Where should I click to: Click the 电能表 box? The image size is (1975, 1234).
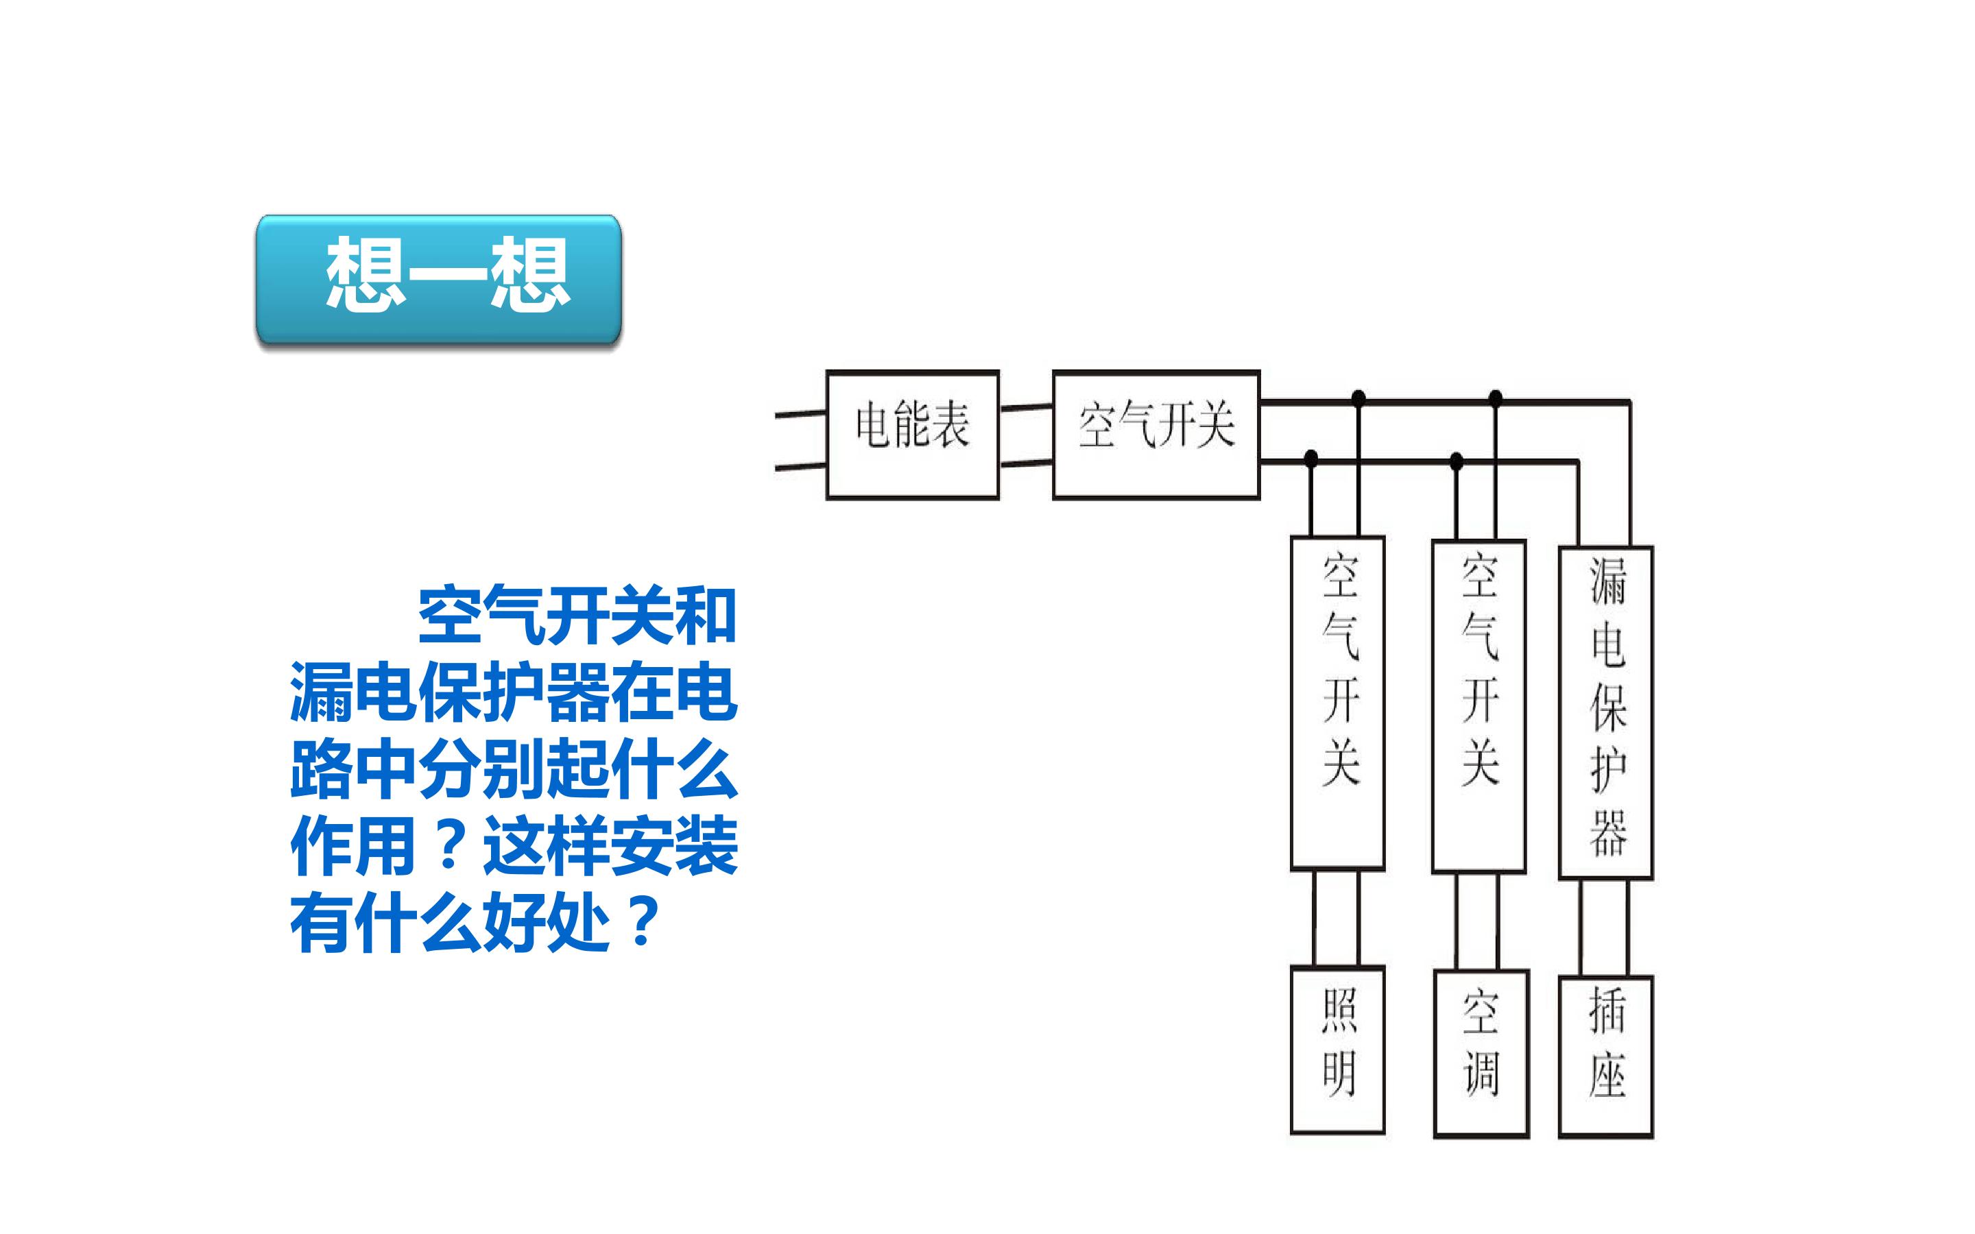913,435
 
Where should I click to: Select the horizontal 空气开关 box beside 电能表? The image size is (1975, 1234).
1156,435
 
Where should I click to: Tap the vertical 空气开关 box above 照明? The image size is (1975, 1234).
1338,703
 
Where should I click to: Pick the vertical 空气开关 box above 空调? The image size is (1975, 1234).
1479,707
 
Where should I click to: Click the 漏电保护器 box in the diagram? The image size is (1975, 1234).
1606,712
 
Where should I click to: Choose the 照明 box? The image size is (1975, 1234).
1338,1050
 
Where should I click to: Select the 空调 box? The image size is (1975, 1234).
1481,1054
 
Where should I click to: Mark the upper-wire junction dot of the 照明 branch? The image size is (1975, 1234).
1358,399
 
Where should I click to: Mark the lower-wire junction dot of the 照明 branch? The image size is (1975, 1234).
1310,459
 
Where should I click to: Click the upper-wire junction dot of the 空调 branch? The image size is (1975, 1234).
1495,399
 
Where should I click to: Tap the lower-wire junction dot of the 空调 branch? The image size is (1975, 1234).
1456,461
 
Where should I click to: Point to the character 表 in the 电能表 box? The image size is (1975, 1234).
950,424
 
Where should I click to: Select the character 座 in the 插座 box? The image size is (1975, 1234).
1607,1076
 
